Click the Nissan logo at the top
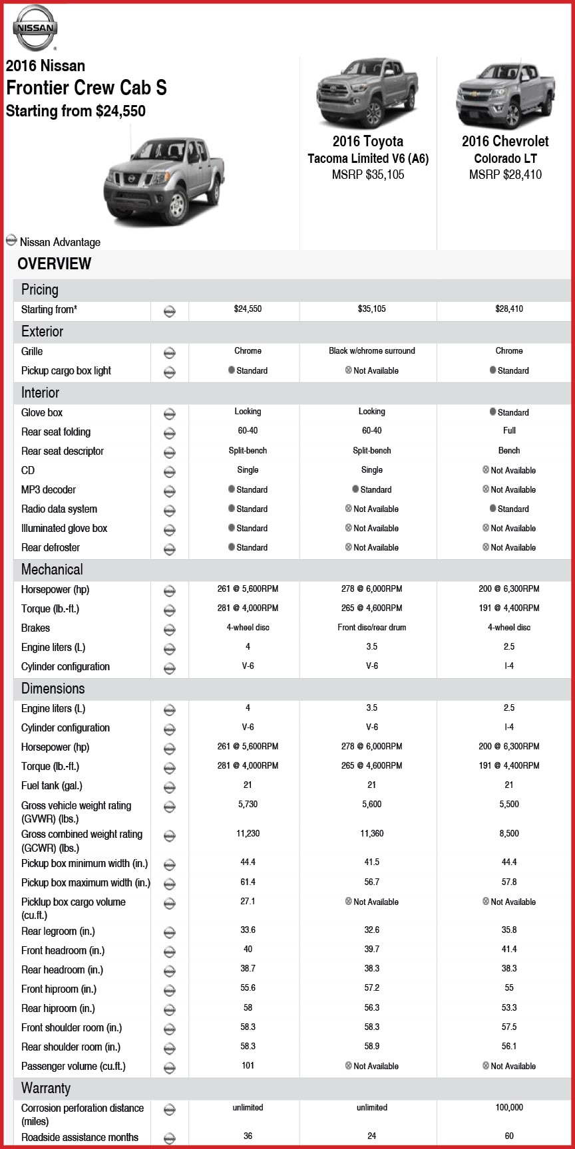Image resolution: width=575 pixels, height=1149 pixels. click(x=35, y=28)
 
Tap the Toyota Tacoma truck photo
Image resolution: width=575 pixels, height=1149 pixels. click(x=367, y=93)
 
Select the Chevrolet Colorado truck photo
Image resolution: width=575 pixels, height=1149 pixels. click(x=505, y=95)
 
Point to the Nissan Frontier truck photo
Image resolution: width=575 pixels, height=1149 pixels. click(x=163, y=180)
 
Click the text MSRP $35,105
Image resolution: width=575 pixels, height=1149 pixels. click(x=368, y=175)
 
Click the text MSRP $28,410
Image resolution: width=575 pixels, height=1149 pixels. click(x=505, y=175)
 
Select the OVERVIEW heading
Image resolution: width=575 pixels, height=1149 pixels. click(x=55, y=263)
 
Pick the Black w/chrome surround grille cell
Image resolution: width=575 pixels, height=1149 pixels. click(x=371, y=350)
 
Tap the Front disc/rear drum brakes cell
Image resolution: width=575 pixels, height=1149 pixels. click(x=371, y=627)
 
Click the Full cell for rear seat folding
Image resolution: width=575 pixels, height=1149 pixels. click(x=509, y=430)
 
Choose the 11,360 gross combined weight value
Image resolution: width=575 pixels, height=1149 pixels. click(x=371, y=833)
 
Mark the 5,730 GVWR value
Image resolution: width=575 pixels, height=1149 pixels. click(x=248, y=804)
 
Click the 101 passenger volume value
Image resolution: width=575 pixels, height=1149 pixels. click(x=248, y=1065)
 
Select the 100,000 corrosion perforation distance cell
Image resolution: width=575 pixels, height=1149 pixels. click(x=509, y=1107)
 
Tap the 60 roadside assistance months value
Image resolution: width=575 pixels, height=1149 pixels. click(x=509, y=1136)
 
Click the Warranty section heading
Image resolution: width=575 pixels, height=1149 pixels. click(x=46, y=1088)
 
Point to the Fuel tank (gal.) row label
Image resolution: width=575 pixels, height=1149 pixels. click(x=52, y=785)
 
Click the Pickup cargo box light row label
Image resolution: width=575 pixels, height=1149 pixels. click(x=66, y=370)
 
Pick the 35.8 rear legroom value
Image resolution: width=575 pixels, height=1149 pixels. click(x=509, y=930)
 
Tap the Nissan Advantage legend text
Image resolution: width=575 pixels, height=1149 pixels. click(x=60, y=242)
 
